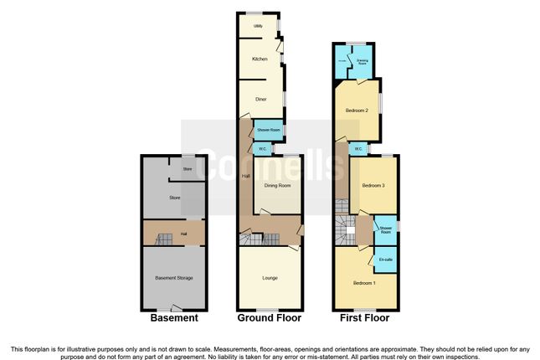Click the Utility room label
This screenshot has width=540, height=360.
pyautogui.click(x=259, y=27)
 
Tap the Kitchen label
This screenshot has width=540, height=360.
pyautogui.click(x=260, y=59)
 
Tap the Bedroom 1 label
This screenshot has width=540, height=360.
pyautogui.click(x=363, y=283)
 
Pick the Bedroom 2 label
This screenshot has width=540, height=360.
pyautogui.click(x=357, y=110)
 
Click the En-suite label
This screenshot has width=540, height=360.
pyautogui.click(x=386, y=260)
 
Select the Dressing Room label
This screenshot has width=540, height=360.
pyautogui.click(x=363, y=60)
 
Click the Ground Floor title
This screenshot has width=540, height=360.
pyautogui.click(x=270, y=318)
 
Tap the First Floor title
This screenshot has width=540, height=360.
pyautogui.click(x=363, y=318)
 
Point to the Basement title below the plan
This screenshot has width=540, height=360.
pyautogui.click(x=174, y=318)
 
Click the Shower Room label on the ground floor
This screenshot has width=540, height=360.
pyautogui.click(x=268, y=131)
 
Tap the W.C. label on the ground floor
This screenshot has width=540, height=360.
pyautogui.click(x=263, y=150)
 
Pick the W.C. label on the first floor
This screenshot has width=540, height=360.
pyautogui.click(x=357, y=149)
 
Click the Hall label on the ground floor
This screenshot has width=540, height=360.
pyautogui.click(x=245, y=176)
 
